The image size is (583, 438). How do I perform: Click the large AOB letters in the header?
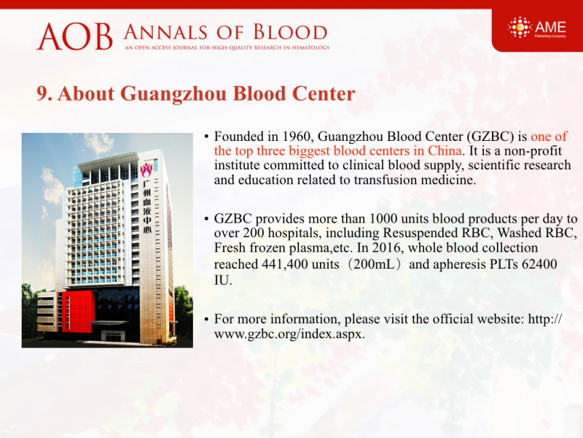[74, 36]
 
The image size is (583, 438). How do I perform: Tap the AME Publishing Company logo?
[537, 27]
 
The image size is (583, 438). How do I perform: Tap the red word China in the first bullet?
[445, 151]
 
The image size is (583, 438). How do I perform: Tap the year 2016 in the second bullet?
[388, 247]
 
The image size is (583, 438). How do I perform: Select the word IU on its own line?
[223, 280]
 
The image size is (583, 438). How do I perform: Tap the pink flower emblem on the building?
[146, 170]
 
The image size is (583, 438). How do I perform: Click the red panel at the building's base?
[78, 312]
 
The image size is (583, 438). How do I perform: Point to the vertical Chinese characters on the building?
[148, 207]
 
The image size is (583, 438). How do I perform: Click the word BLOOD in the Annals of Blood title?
[290, 32]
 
